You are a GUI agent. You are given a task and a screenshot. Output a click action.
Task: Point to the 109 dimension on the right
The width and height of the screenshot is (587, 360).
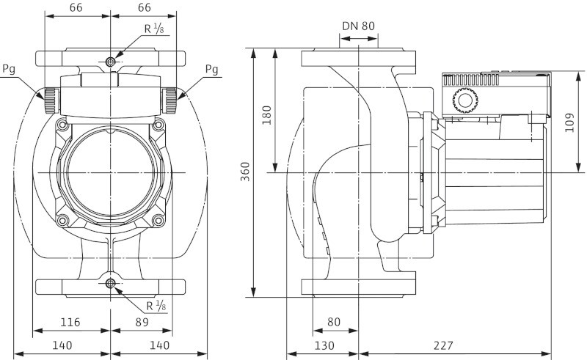pyautogui.click(x=571, y=122)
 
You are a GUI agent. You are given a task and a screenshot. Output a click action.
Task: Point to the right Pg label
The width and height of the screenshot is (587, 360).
pyautogui.click(x=211, y=70)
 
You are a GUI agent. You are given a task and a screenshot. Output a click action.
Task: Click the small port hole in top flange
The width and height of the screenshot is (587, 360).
pyautogui.click(x=110, y=60)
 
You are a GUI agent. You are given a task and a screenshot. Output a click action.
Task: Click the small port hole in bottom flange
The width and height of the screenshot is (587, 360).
pyautogui.click(x=110, y=284)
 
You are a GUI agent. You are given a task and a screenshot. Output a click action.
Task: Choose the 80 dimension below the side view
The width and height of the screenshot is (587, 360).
pyautogui.click(x=334, y=322)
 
